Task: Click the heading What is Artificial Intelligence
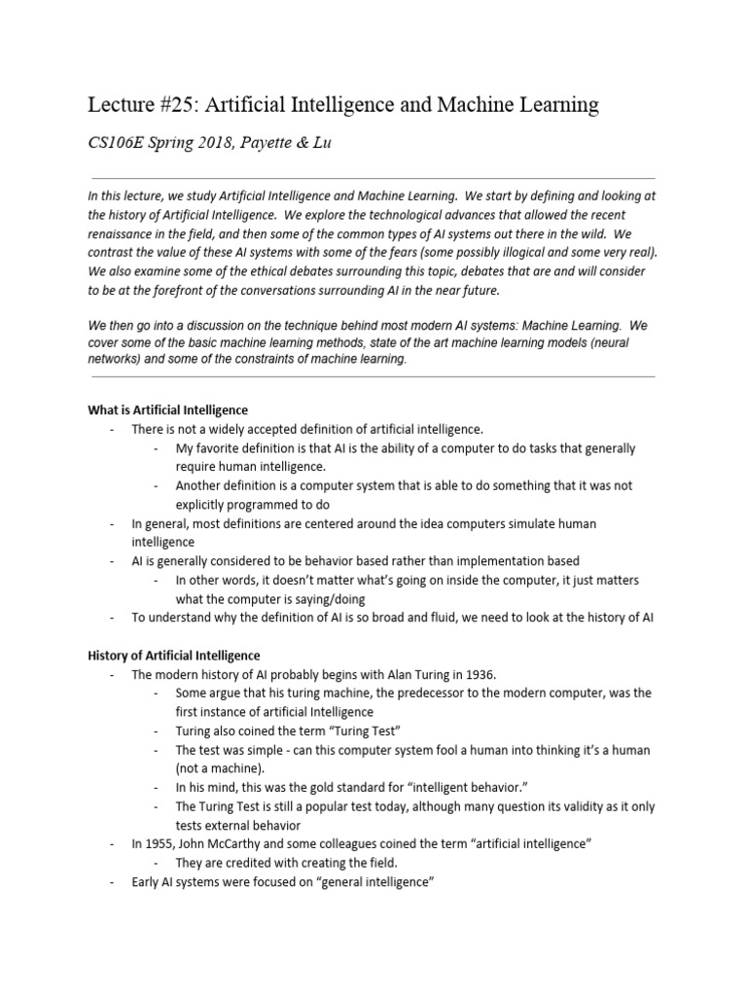point(168,409)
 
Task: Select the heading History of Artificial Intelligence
point(174,656)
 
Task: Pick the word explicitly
point(204,505)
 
